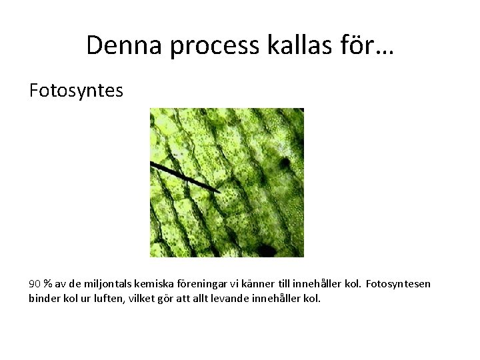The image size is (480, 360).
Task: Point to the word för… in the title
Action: pyautogui.click(x=367, y=45)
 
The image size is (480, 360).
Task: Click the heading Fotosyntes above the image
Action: pyautogui.click(x=76, y=90)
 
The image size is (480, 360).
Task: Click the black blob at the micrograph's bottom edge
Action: pyautogui.click(x=267, y=251)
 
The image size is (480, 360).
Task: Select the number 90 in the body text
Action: pyautogui.click(x=35, y=284)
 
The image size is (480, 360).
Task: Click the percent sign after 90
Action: pyautogui.click(x=48, y=284)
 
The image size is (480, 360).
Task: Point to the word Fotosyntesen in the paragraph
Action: pyautogui.click(x=398, y=284)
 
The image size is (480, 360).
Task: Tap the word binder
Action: pyautogui.click(x=43, y=298)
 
